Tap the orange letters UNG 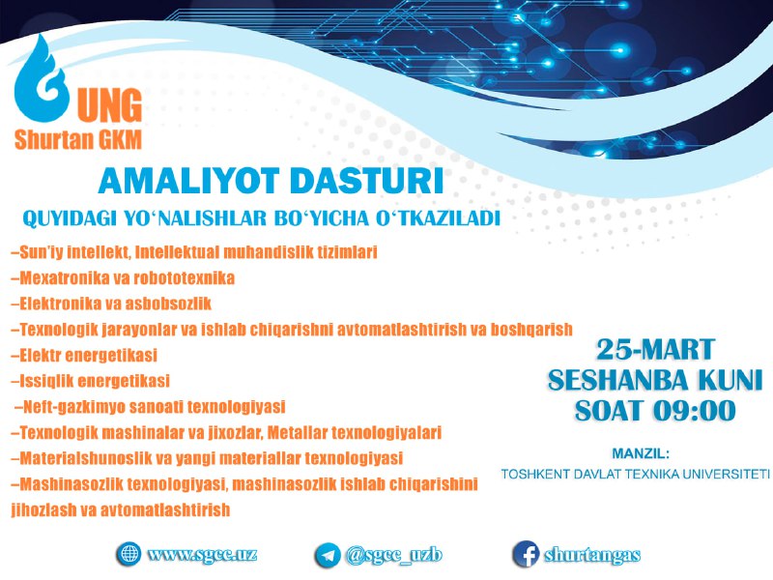coord(110,105)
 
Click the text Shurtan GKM coord(78,139)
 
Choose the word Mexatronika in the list coord(65,278)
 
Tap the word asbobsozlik coord(168,304)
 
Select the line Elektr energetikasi coord(84,355)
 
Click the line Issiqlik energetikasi coord(90,381)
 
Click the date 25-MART coord(655,350)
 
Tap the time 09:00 coord(694,410)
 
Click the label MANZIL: coord(641,453)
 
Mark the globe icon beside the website coord(129,554)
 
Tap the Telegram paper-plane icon coord(328,555)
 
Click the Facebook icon coord(526,554)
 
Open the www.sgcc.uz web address coord(202,554)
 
